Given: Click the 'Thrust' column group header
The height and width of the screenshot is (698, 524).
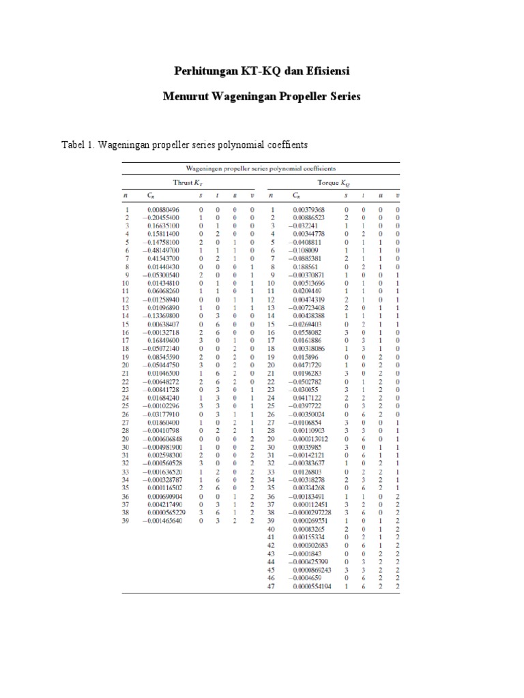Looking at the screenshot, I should tap(186, 183).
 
